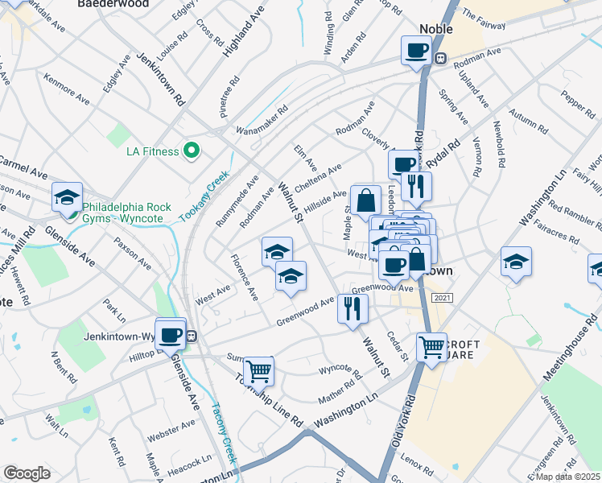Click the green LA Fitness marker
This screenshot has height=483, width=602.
click(x=192, y=150)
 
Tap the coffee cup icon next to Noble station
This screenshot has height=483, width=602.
click(x=416, y=51)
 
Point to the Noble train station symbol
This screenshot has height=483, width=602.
click(x=440, y=58)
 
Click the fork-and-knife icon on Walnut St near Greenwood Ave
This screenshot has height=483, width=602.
click(x=352, y=308)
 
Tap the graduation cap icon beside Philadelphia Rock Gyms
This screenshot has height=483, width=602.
click(x=68, y=196)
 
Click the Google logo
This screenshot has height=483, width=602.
click(x=27, y=473)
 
